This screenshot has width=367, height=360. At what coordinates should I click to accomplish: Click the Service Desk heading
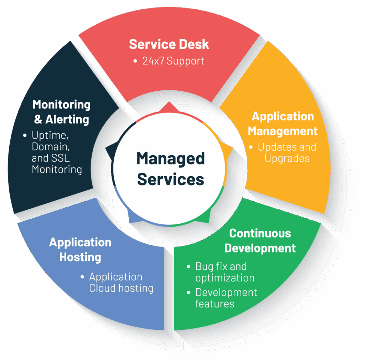click(169, 44)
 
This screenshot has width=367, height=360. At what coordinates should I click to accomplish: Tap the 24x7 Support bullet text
click(173, 61)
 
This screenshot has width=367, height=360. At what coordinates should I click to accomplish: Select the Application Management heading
click(283, 123)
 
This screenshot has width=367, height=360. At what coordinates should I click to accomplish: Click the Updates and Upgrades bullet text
click(287, 153)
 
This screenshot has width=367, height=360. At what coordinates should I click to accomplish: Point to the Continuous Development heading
click(260, 240)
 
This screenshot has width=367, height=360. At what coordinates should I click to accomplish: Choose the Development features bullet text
click(226, 298)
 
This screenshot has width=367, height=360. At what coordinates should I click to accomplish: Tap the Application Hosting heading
click(80, 249)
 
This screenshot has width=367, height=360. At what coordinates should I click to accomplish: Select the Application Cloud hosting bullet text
click(121, 282)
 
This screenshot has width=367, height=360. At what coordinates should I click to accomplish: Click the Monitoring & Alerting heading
click(62, 112)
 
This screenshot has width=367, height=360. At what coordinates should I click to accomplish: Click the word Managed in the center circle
click(170, 158)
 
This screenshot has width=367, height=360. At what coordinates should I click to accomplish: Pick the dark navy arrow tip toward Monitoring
click(109, 150)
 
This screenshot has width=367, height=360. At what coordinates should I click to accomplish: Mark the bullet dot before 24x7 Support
click(135, 61)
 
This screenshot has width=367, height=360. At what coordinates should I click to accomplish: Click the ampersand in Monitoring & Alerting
click(38, 120)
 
